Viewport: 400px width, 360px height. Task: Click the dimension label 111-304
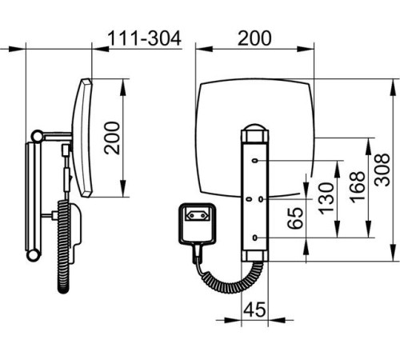pos(144,38)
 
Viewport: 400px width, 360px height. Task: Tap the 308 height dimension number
pos(382,170)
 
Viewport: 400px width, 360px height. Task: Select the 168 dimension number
pos(358,187)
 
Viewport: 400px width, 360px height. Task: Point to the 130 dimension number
pos(326,198)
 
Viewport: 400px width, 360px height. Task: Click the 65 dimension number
pos(295,218)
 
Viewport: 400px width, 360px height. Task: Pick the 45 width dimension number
pos(254,310)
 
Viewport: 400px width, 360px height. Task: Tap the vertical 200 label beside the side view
pos(112,138)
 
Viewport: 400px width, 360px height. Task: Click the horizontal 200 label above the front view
pos(254,38)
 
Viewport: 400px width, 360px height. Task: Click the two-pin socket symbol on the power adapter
pos(198,215)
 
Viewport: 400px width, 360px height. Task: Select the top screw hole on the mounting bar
pos(255,161)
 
